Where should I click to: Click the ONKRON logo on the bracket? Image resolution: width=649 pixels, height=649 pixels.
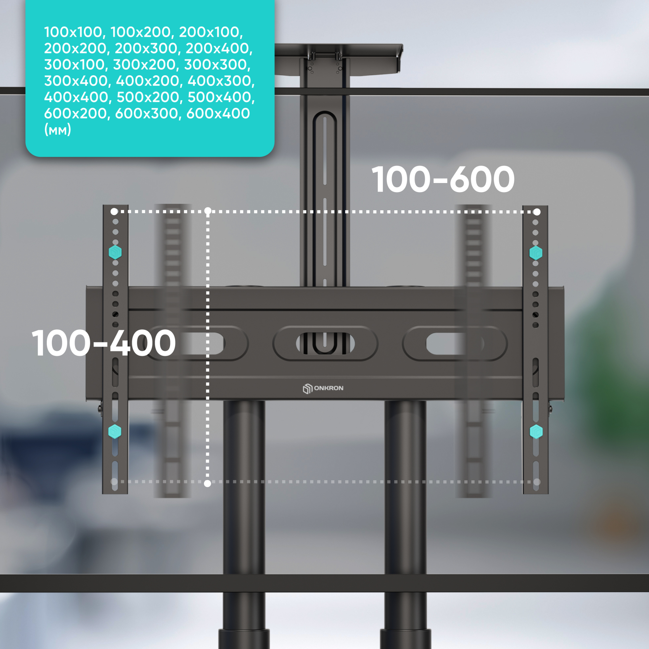[x=323, y=388]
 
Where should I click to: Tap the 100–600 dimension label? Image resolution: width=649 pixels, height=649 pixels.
[x=443, y=179]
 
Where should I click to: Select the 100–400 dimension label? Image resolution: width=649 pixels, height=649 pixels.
[x=104, y=343]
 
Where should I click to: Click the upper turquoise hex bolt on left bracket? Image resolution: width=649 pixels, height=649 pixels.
[x=115, y=252]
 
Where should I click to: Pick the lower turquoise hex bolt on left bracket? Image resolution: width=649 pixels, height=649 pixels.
[x=115, y=431]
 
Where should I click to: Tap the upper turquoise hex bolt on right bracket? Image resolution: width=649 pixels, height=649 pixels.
[x=536, y=252]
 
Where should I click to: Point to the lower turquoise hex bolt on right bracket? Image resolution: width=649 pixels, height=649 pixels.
[x=536, y=432]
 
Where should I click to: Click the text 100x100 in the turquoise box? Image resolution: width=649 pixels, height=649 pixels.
[x=73, y=32]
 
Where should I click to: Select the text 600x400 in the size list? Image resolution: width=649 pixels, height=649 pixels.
[x=218, y=114]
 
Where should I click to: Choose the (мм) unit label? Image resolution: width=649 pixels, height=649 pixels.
[x=57, y=130]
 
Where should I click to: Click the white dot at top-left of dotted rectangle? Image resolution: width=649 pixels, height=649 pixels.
[x=114, y=212]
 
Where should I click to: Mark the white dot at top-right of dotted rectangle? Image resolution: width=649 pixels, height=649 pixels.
[x=537, y=212]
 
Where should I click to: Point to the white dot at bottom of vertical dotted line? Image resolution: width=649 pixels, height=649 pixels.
[x=208, y=484]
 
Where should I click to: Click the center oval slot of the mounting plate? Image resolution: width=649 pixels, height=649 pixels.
[x=325, y=343]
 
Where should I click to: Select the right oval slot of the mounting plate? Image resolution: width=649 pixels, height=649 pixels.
[x=455, y=343]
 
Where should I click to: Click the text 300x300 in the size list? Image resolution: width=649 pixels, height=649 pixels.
[x=217, y=65]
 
